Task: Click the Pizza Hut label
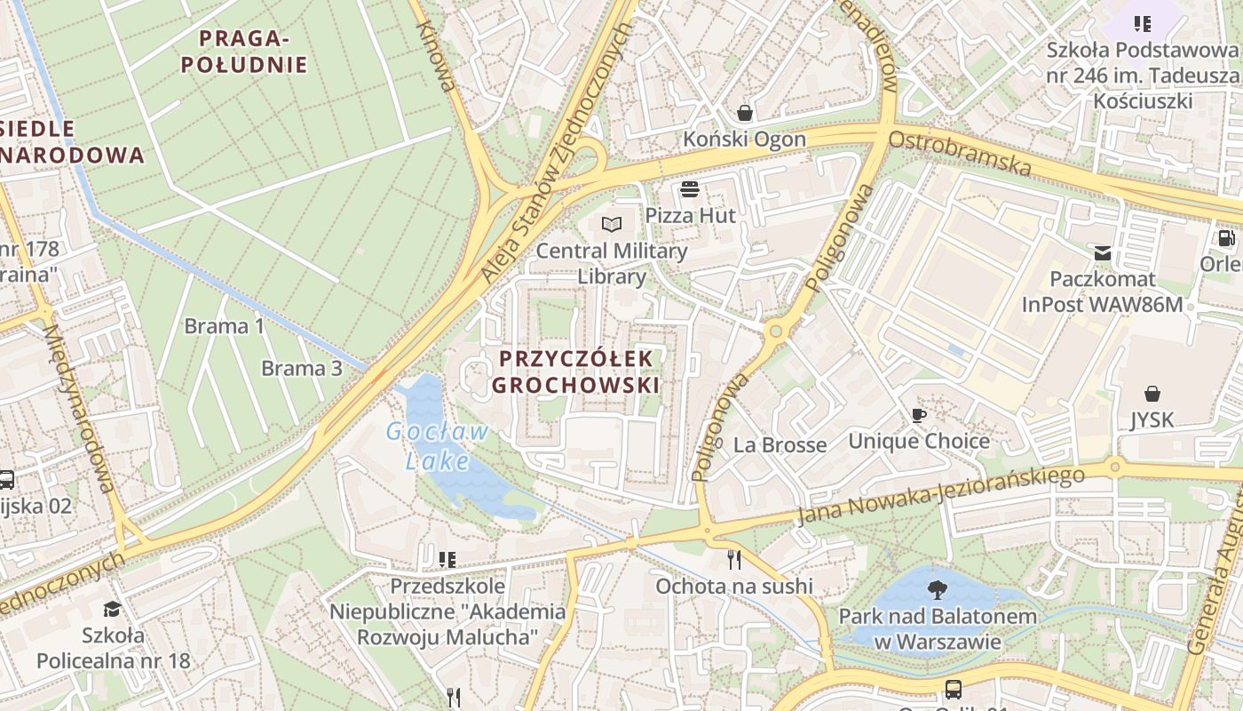click(x=690, y=215)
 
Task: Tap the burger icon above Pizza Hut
click(x=690, y=188)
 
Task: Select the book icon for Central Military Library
click(x=611, y=224)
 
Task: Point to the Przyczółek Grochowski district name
click(x=576, y=371)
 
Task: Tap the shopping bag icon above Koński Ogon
click(x=744, y=113)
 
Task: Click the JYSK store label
click(x=1152, y=420)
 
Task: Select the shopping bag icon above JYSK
click(x=1152, y=393)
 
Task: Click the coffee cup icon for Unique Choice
click(x=919, y=415)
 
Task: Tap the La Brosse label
click(x=780, y=444)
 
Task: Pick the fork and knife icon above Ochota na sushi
click(x=733, y=559)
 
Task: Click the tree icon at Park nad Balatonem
click(x=937, y=588)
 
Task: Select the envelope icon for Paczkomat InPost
click(x=1102, y=253)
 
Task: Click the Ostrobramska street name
click(x=960, y=154)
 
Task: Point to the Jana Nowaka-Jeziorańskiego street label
click(x=940, y=496)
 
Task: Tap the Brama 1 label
click(x=224, y=326)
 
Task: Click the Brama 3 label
click(x=301, y=368)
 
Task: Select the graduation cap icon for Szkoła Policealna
click(x=112, y=609)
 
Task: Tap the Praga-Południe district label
click(x=253, y=52)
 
